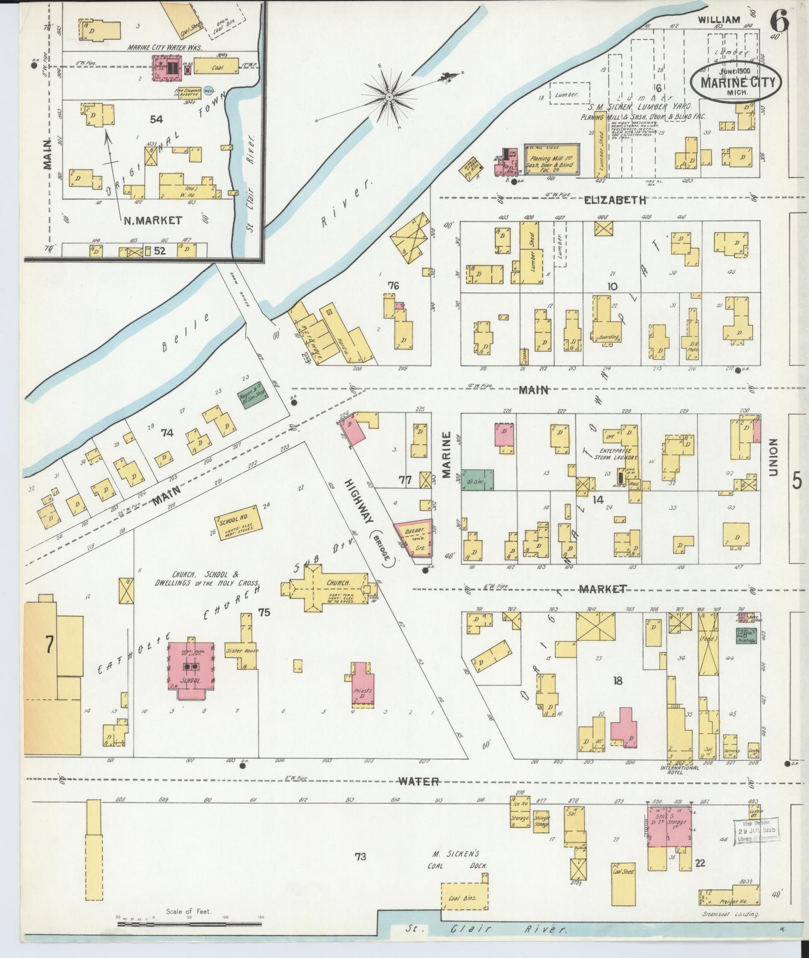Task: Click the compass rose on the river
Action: (x=390, y=96)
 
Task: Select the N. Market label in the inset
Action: (x=153, y=220)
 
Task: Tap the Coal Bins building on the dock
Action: (x=465, y=898)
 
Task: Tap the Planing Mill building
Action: (x=552, y=159)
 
